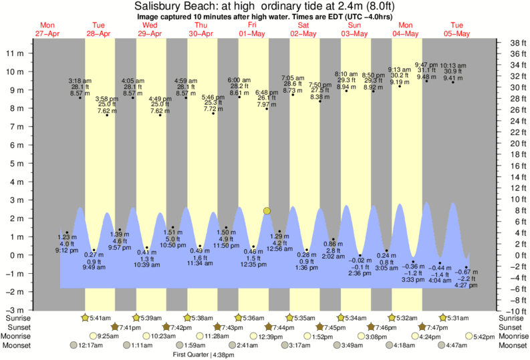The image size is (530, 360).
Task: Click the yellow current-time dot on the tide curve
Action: click(x=267, y=211)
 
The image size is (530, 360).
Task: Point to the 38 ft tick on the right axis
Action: click(x=513, y=43)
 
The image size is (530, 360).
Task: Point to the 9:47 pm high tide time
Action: click(x=426, y=65)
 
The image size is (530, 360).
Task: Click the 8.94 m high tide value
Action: click(x=346, y=87)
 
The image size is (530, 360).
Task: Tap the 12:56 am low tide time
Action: click(x=279, y=248)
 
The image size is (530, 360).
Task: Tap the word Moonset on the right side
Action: click(x=513, y=345)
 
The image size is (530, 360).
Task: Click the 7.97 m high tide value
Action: click(x=267, y=105)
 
